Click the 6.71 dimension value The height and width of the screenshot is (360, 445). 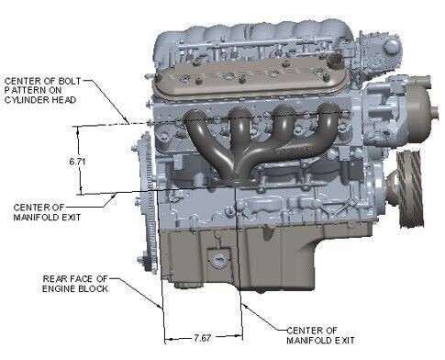(x=77, y=161)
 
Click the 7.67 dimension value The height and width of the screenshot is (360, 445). (x=203, y=338)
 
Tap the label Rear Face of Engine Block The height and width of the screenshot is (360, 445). (x=75, y=284)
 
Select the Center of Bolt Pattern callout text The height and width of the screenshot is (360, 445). (x=43, y=90)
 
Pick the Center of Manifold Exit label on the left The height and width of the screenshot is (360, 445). (x=47, y=212)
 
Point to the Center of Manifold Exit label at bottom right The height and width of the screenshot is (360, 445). (x=320, y=335)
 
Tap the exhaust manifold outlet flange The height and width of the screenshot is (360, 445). (x=235, y=182)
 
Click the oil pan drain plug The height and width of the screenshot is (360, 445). (x=218, y=260)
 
